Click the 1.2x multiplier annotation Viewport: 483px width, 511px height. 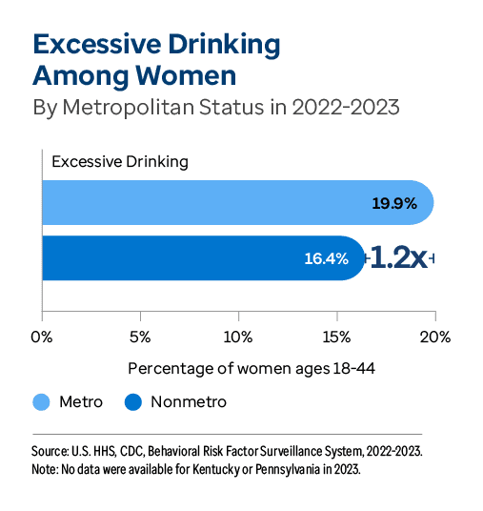[x=398, y=257]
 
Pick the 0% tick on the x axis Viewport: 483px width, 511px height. [x=42, y=337]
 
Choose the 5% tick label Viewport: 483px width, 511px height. [x=140, y=337]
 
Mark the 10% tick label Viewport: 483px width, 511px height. [x=238, y=337]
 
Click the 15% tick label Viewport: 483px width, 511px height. [x=337, y=337]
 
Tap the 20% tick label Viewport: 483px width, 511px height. [x=435, y=337]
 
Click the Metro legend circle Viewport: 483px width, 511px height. [x=41, y=402]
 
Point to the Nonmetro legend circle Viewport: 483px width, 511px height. [x=133, y=402]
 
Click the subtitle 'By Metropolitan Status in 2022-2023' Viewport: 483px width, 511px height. [x=216, y=107]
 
